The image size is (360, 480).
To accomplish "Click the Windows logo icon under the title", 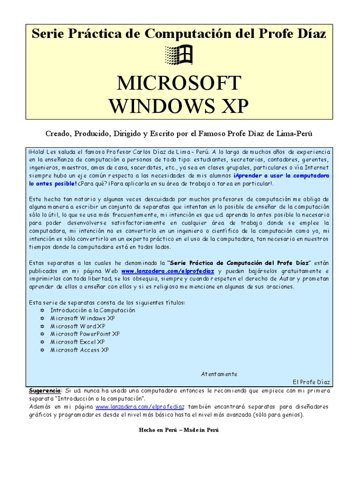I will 180,56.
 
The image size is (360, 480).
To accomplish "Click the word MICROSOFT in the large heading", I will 179,83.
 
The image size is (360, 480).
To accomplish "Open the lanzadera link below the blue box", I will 140,406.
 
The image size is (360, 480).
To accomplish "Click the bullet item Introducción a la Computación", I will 92,310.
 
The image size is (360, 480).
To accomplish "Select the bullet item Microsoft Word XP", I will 77,326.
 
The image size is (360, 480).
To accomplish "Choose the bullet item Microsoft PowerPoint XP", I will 85,334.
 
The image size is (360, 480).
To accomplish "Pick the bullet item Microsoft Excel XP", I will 77,342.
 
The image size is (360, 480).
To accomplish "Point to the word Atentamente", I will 219,374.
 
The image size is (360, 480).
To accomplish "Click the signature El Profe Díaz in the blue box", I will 311,382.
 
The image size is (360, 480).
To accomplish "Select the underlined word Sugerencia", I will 45,390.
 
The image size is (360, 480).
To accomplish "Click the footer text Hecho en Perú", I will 157,430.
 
